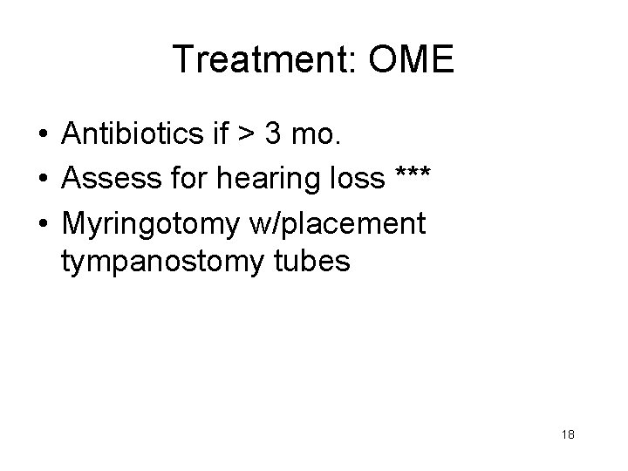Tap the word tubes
click(310, 261)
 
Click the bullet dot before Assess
click(43, 179)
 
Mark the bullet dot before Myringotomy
click(43, 223)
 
